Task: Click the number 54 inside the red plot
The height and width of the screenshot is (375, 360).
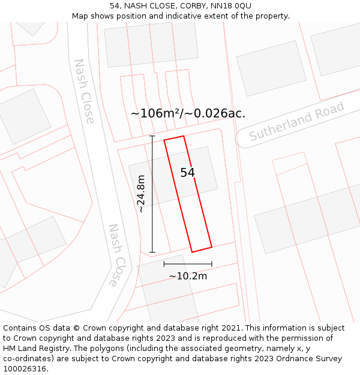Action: tap(188, 173)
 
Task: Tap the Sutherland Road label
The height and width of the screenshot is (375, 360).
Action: tap(297, 122)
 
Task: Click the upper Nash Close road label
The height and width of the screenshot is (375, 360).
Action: tap(84, 91)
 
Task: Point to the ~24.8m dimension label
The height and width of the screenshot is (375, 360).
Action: tap(140, 194)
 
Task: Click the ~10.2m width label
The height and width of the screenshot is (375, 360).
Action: tap(188, 276)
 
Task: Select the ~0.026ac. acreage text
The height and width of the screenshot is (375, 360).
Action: tap(217, 113)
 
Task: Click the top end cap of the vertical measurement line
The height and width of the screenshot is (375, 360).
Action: tap(152, 136)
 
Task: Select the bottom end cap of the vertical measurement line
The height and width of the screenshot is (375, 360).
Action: tap(152, 252)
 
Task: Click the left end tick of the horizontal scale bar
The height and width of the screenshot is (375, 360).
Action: tap(164, 263)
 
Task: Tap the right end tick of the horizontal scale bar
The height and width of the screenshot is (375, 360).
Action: tap(212, 263)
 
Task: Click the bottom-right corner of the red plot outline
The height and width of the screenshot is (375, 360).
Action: tap(212, 247)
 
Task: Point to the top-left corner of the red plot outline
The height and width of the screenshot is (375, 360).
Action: tap(164, 140)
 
